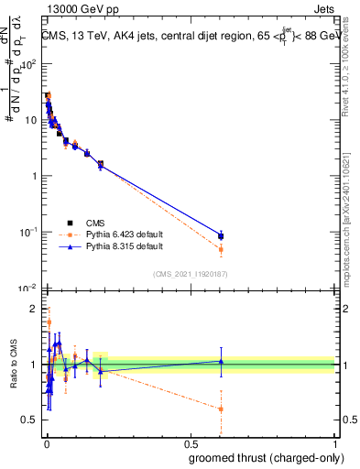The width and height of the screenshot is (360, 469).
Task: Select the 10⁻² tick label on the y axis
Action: (27, 288)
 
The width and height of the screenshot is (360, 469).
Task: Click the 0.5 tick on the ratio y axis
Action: (28, 420)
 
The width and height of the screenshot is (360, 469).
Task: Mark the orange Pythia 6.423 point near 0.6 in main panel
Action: (221, 249)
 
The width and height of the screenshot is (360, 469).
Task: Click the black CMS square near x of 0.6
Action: (221, 235)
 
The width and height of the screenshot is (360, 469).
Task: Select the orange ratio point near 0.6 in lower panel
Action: (221, 409)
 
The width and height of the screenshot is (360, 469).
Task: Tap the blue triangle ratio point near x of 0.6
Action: (221, 361)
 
